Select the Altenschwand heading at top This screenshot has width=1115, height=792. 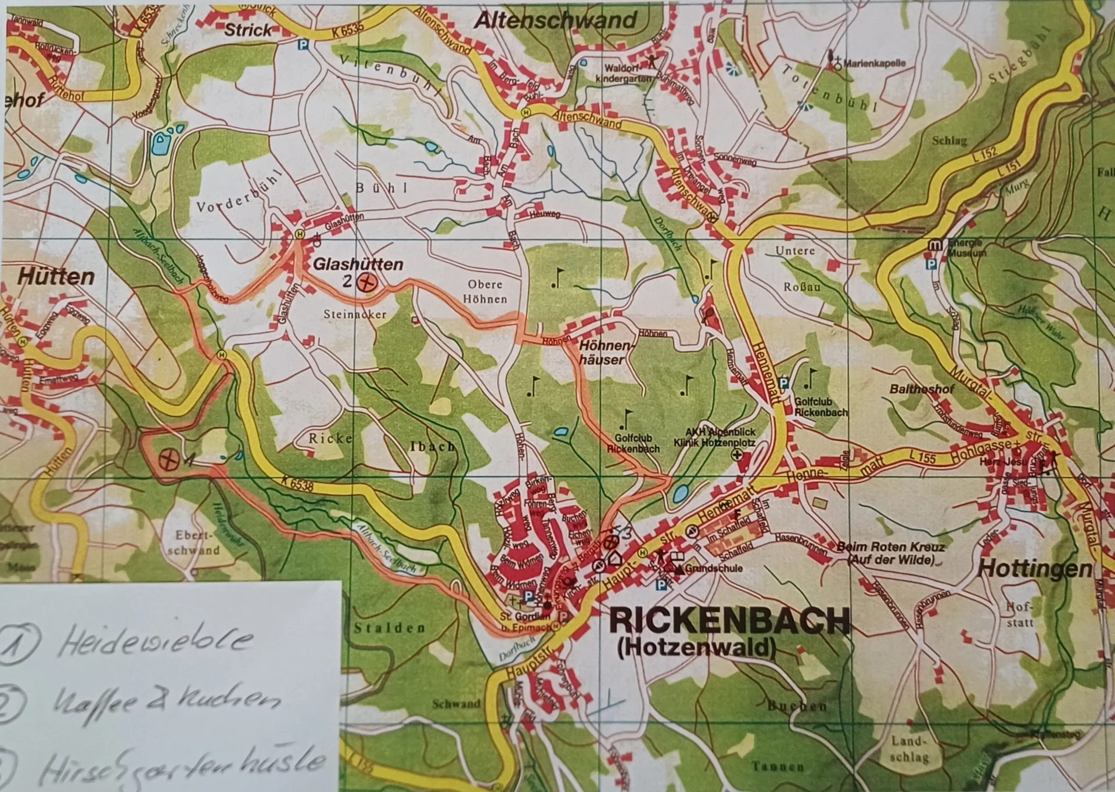click(x=556, y=21)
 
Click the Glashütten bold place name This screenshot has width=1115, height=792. click(x=358, y=265)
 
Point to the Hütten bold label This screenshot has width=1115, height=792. click(x=56, y=277)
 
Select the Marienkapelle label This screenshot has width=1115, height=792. click(x=874, y=63)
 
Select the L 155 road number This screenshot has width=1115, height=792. click(x=923, y=458)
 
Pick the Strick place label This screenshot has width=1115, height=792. click(x=247, y=30)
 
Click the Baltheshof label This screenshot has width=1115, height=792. click(x=922, y=389)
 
